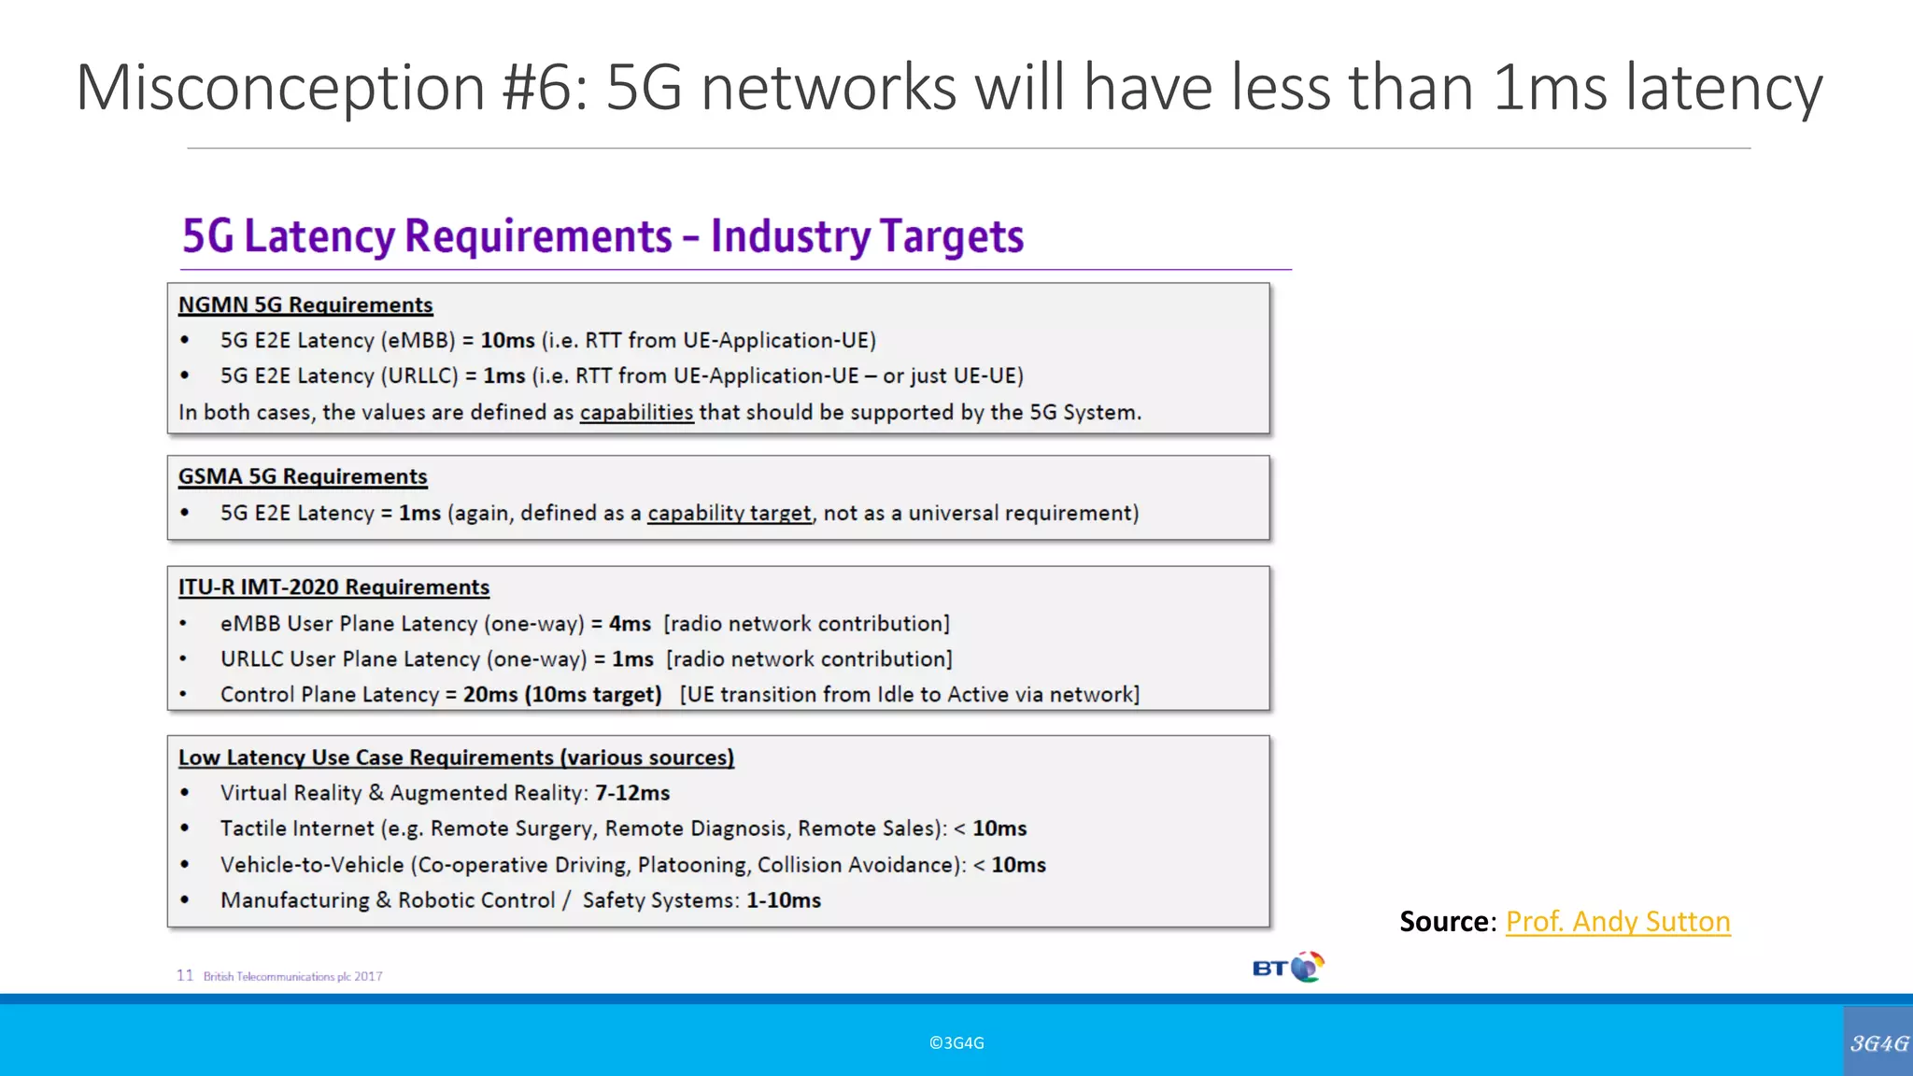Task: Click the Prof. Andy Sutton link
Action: tap(1618, 922)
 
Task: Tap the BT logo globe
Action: tap(1308, 966)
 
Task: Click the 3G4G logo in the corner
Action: tap(1878, 1042)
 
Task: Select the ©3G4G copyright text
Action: tap(956, 1043)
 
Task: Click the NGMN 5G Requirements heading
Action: tap(305, 305)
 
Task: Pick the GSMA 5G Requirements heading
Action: tap(303, 477)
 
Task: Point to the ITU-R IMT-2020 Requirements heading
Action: tap(333, 588)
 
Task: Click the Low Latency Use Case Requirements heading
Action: tap(456, 757)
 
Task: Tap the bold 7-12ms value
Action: tap(632, 793)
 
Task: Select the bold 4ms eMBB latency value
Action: tap(630, 624)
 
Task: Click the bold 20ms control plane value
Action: tap(490, 695)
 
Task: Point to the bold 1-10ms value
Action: tap(784, 900)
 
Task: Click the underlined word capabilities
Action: tap(636, 413)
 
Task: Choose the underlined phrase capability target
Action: tap(730, 514)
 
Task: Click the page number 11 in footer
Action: tap(185, 975)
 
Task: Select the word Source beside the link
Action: tap(1444, 922)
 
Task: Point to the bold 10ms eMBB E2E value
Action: tap(507, 341)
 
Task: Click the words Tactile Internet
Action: tap(296, 828)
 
